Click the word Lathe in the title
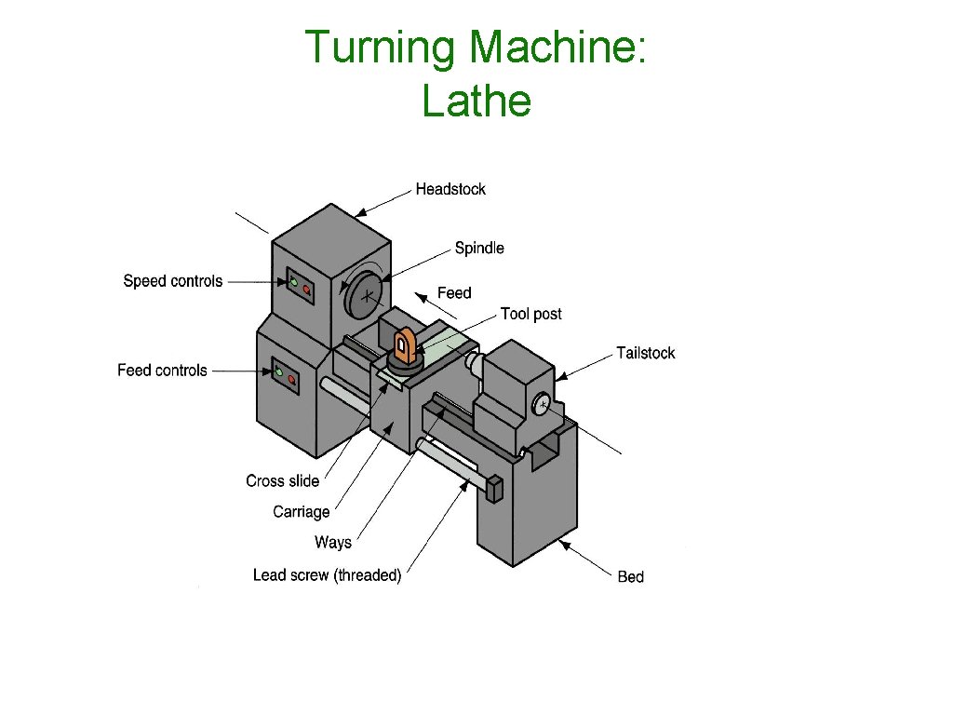pos(476,101)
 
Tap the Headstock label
pos(450,189)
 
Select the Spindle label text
pos(479,248)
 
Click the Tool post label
pos(530,314)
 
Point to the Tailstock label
pos(645,353)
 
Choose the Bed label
pos(630,577)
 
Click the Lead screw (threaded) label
pos(327,575)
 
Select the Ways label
pos(332,543)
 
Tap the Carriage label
pos(301,511)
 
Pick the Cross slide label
pos(282,480)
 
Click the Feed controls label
pos(162,371)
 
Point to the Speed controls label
pos(173,281)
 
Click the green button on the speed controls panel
pos(294,283)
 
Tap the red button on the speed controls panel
pos(306,290)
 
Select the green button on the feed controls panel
pos(279,372)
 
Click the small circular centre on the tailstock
pos(542,403)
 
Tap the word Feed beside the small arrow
pos(454,293)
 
